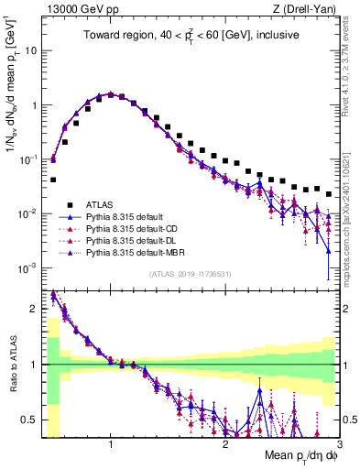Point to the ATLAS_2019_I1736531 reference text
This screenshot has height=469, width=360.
click(190, 274)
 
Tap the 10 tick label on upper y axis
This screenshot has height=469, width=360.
click(30, 50)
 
